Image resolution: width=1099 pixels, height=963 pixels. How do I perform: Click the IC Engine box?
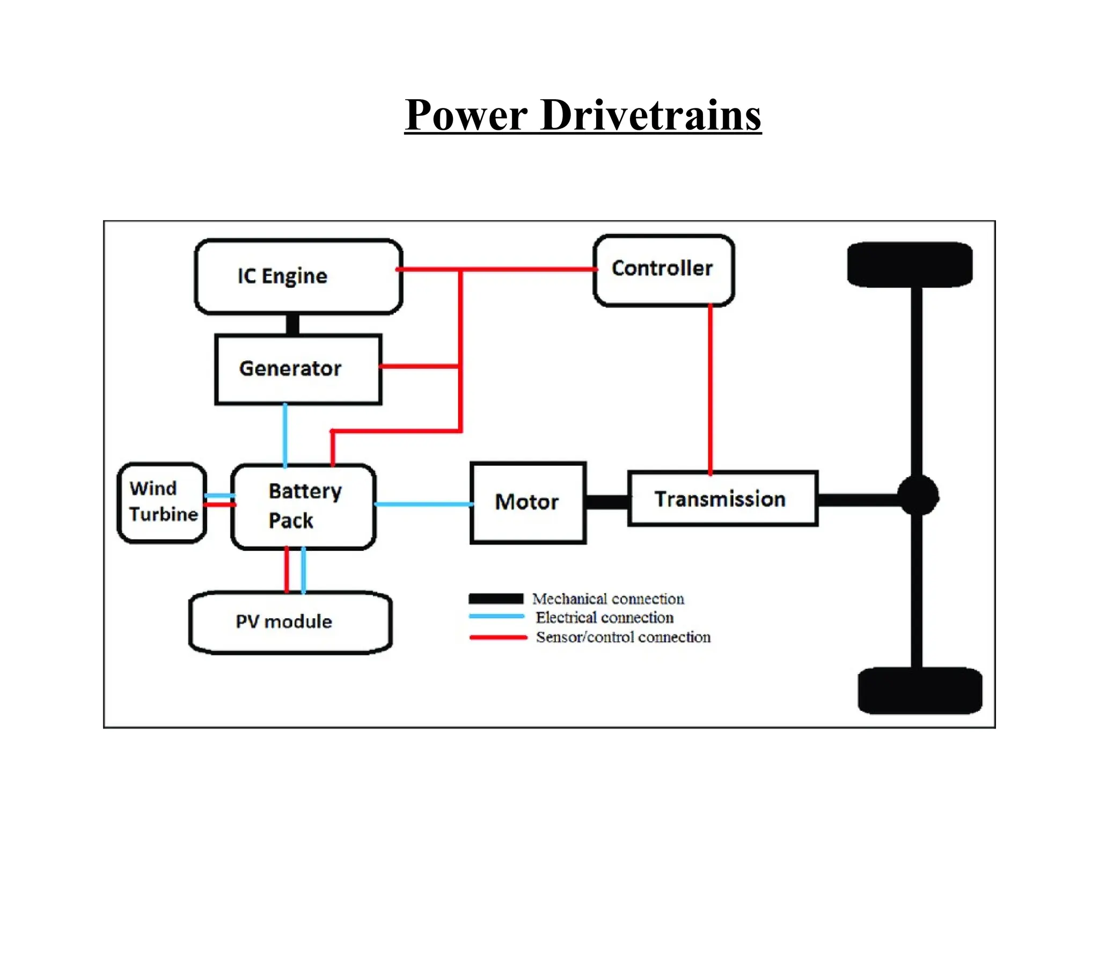click(x=298, y=276)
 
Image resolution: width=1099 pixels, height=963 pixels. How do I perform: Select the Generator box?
click(x=298, y=369)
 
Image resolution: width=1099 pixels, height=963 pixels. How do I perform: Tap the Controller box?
click(x=663, y=271)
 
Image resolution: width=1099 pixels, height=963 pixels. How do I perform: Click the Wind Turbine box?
click(x=162, y=502)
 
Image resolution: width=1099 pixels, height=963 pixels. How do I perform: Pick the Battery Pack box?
click(x=303, y=506)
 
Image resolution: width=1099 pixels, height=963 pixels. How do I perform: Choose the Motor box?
click(x=527, y=502)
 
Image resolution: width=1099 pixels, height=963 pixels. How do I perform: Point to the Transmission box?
click(x=722, y=499)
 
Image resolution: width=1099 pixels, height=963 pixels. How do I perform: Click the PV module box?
click(x=290, y=622)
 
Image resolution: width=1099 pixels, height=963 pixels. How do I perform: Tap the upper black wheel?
click(x=910, y=265)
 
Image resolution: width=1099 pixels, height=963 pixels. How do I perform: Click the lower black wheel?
click(x=920, y=690)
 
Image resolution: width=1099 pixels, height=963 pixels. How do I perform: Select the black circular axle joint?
click(x=918, y=495)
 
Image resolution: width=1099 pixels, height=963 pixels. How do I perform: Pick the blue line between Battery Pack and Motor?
click(x=423, y=504)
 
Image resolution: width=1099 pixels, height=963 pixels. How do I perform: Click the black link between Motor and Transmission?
click(x=607, y=502)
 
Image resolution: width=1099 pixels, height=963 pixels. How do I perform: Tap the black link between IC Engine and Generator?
click(x=293, y=324)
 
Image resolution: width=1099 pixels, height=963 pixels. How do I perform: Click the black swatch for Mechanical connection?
click(x=496, y=599)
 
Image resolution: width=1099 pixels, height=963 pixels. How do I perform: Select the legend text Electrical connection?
click(x=604, y=617)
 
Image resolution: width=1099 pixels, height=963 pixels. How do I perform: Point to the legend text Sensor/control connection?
click(x=623, y=637)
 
